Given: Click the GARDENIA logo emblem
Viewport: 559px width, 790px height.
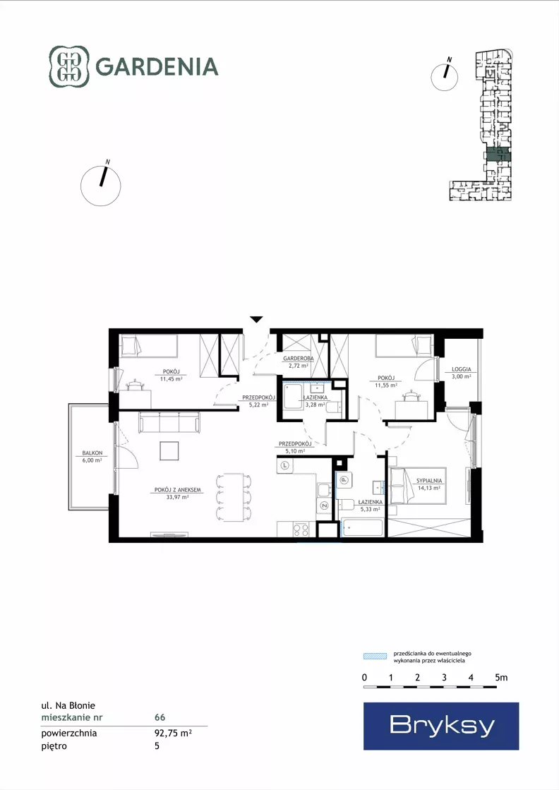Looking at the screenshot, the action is (x=69, y=66).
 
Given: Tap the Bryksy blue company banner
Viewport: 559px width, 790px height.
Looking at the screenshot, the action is (x=441, y=726).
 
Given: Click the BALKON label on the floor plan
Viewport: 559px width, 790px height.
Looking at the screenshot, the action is (x=92, y=453).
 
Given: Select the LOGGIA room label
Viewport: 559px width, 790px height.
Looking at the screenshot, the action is (x=462, y=369).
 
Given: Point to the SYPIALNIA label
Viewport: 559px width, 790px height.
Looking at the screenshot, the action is (x=429, y=481).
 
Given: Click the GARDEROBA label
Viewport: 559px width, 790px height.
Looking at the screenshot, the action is (x=298, y=359).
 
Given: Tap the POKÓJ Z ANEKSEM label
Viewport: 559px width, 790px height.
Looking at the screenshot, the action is (x=178, y=490).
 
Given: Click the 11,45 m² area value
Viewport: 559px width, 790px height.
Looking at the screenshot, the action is (x=172, y=379).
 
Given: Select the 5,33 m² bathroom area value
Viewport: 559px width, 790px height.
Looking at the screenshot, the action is (x=370, y=509).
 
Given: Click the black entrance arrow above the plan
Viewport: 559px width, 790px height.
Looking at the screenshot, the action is (x=256, y=319).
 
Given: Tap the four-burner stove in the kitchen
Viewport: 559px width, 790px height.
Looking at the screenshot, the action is (x=301, y=529).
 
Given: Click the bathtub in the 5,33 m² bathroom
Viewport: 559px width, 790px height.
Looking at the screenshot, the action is (x=361, y=527).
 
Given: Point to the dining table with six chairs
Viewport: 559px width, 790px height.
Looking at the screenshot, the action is (x=233, y=497).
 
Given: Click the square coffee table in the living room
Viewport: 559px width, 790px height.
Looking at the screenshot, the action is (x=169, y=451).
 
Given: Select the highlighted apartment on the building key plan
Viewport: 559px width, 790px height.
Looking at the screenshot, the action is (x=498, y=155).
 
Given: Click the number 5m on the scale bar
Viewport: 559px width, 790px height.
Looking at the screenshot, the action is (x=501, y=678).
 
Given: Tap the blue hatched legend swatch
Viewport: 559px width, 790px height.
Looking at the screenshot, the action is (x=375, y=656).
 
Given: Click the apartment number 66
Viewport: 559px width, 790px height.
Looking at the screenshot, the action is (x=160, y=717).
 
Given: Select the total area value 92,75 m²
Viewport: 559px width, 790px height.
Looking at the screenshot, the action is (x=173, y=733).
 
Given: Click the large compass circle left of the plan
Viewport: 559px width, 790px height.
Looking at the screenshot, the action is (x=101, y=186).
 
